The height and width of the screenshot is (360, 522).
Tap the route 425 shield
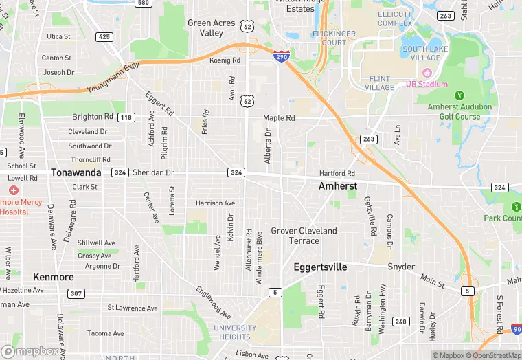104,36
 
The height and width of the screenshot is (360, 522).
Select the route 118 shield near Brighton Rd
126,117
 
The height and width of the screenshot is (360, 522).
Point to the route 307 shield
76,293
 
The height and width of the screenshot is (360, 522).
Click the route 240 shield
400,321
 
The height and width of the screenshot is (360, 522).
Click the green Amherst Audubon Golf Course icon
459,95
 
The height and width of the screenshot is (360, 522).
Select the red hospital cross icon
13,190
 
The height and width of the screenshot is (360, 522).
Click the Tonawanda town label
76,172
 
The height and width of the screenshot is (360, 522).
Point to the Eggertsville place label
320,267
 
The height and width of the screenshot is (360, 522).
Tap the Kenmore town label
54,277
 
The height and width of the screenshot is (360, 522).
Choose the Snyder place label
401,267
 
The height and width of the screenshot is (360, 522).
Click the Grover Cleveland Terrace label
304,236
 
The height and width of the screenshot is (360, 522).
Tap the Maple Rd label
279,118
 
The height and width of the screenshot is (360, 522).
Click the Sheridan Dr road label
154,172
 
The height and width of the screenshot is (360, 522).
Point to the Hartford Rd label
337,174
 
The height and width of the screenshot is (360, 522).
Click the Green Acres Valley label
211,27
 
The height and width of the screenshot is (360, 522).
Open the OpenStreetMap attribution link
493,355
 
